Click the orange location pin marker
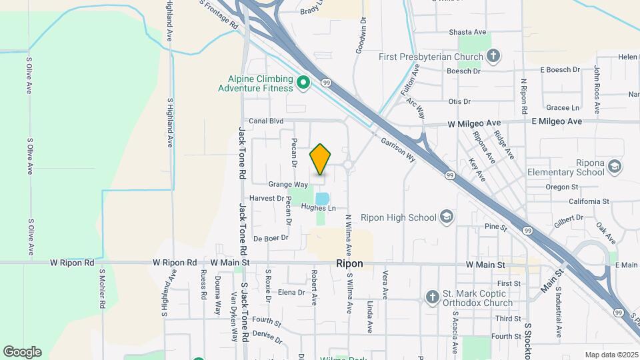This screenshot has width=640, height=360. pyautogui.click(x=320, y=159)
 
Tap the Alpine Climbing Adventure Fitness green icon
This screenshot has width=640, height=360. pyautogui.click(x=303, y=83)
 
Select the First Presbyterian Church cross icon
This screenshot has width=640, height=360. pyautogui.click(x=493, y=56)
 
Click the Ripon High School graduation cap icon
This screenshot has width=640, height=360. pyautogui.click(x=446, y=217)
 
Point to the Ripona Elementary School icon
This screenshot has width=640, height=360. pyautogui.click(x=614, y=165)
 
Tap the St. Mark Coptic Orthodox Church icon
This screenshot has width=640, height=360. pyautogui.click(x=432, y=297)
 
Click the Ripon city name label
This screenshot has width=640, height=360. pyautogui.click(x=350, y=263)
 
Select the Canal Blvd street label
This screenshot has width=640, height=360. pyautogui.click(x=266, y=121)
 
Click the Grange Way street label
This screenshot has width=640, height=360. pyautogui.click(x=288, y=184)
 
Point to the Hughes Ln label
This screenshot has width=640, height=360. pyautogui.click(x=317, y=207)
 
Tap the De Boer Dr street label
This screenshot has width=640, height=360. pyautogui.click(x=271, y=237)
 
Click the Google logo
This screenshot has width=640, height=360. pyautogui.click(x=22, y=351)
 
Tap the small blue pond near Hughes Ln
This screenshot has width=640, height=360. pyautogui.click(x=323, y=199)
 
